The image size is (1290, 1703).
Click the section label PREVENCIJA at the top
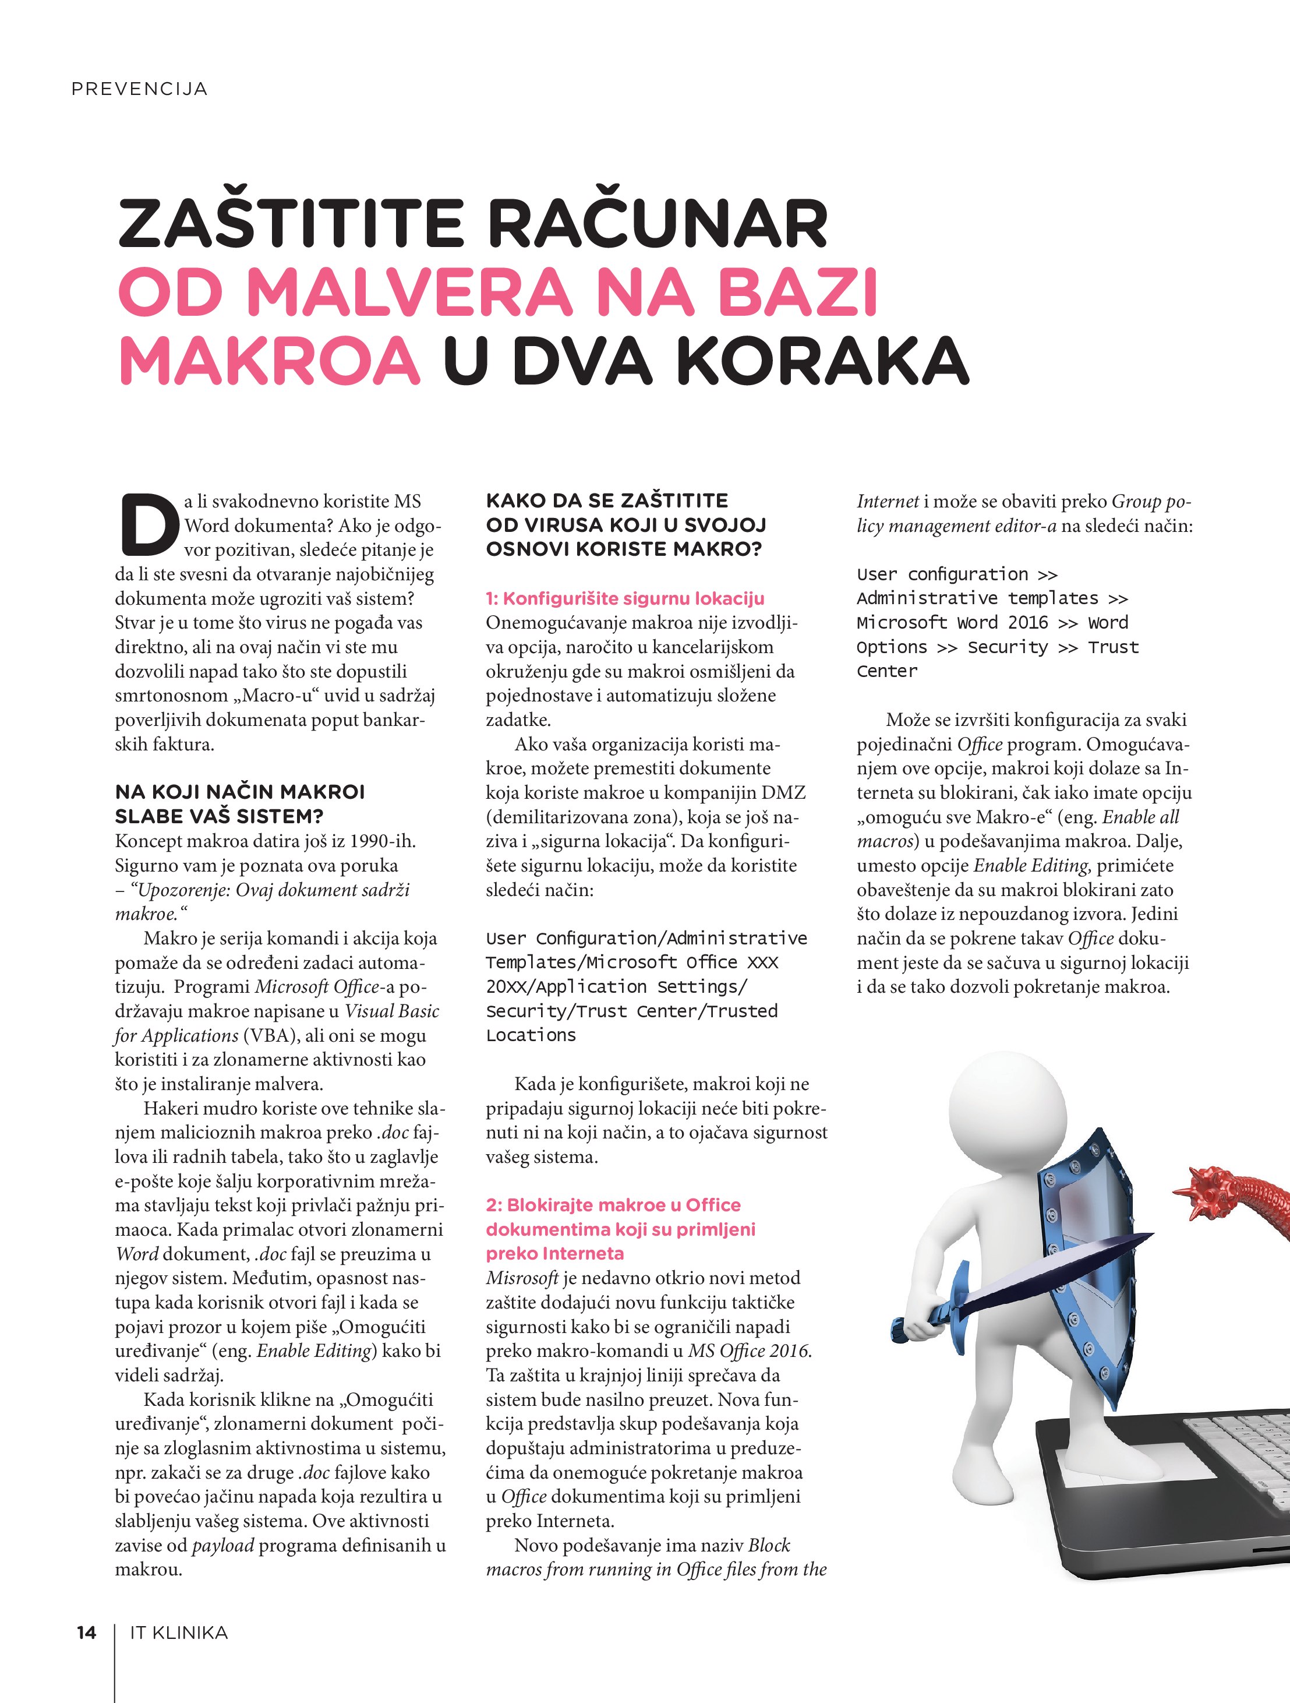pos(139,89)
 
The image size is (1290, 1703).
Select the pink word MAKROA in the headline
pos(270,360)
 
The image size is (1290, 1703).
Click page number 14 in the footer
pos(86,1632)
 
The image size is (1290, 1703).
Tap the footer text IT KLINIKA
pos(179,1632)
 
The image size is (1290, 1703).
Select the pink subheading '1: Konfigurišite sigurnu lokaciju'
pos(625,598)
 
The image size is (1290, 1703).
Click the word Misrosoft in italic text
pos(522,1278)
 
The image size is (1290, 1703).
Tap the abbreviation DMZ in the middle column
pos(783,792)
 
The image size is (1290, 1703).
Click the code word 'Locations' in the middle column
pos(531,1035)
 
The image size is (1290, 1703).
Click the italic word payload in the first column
pos(222,1545)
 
